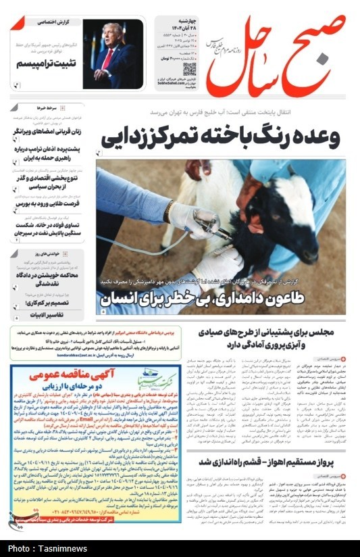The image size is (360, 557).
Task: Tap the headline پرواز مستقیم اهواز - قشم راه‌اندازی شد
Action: pos(274,462)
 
